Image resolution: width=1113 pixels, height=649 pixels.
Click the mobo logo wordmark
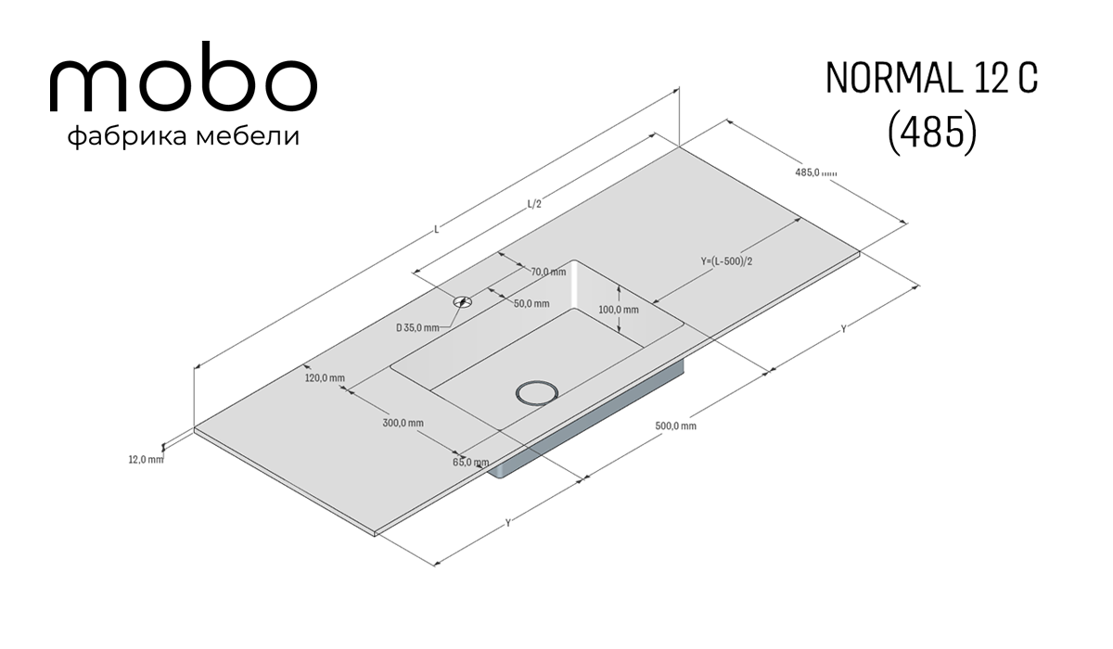(184, 77)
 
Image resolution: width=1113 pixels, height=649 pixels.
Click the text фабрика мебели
(184, 136)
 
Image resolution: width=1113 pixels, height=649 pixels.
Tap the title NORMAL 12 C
(931, 79)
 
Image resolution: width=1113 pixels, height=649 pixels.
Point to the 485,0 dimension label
(816, 172)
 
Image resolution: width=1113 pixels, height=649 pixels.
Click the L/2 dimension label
(534, 204)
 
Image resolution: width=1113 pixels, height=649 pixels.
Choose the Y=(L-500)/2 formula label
(726, 261)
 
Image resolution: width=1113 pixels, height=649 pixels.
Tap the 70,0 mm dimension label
(548, 272)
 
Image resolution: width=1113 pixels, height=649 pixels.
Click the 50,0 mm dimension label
(531, 303)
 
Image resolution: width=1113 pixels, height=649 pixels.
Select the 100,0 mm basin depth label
(619, 310)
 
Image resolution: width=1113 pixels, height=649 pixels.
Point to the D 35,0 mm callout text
(417, 327)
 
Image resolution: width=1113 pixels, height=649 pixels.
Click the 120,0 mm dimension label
(325, 378)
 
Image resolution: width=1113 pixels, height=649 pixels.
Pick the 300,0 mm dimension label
(403, 423)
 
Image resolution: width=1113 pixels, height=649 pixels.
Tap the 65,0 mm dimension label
(470, 463)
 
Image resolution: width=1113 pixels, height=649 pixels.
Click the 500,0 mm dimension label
(675, 426)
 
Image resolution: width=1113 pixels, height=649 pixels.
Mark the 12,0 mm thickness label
(147, 459)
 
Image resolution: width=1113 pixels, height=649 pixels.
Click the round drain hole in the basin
(537, 393)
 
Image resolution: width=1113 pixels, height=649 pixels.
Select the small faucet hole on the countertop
(462, 301)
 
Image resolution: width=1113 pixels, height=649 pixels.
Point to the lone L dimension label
(437, 229)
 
